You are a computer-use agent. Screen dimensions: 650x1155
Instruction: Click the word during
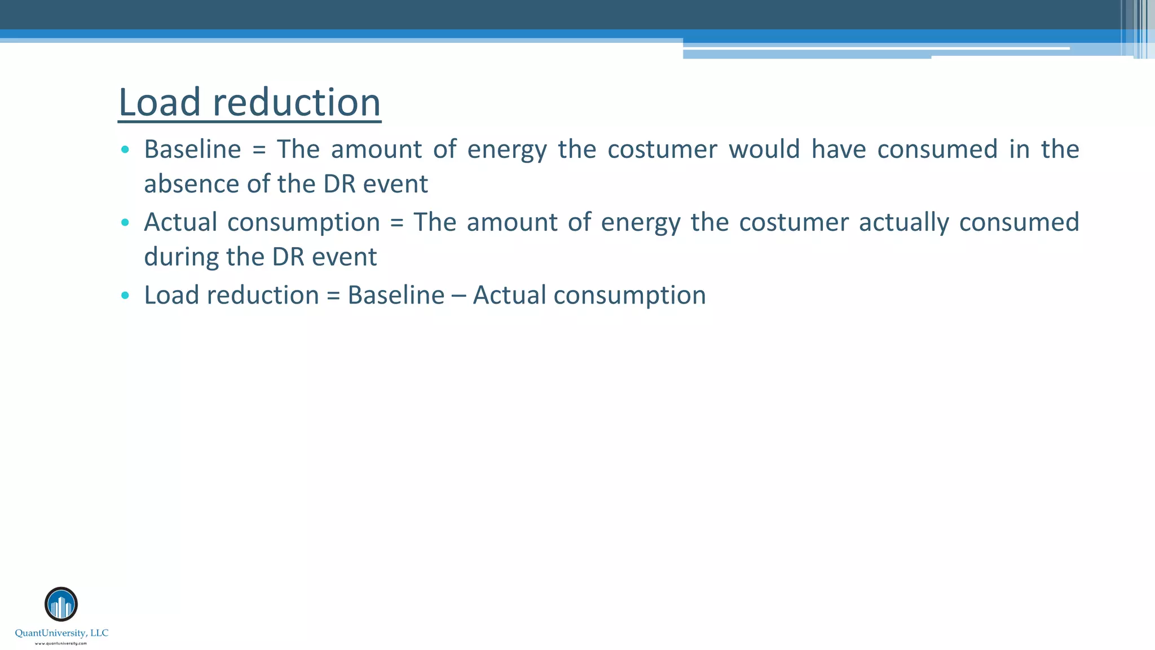click(x=180, y=257)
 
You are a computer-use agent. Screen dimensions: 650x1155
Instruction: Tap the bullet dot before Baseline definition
click(x=125, y=150)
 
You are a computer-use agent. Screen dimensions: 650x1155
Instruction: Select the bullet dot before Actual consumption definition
click(x=125, y=222)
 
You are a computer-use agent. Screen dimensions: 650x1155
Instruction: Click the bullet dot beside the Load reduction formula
click(x=125, y=295)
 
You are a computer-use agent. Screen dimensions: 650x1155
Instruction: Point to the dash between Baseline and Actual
click(x=459, y=296)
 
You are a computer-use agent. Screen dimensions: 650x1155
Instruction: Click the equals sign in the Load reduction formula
click(x=333, y=296)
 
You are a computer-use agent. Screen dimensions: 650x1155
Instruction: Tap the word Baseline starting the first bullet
click(x=192, y=149)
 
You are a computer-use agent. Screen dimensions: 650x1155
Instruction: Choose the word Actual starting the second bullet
click(x=180, y=222)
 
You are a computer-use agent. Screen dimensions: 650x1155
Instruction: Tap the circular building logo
click(x=61, y=604)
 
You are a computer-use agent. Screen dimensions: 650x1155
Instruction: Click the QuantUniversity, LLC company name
click(x=61, y=633)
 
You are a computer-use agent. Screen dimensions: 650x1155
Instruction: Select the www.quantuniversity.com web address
click(x=61, y=643)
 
